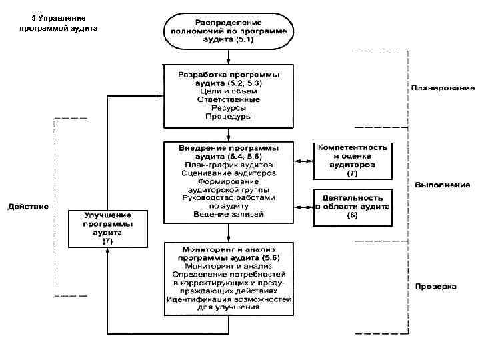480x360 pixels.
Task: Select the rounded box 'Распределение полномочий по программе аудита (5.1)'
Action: (x=229, y=30)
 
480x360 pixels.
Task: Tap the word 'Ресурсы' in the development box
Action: (x=229, y=107)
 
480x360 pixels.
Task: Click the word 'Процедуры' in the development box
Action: (x=229, y=116)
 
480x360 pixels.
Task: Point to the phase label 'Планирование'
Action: (x=442, y=87)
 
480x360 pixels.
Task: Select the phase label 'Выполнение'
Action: (x=442, y=184)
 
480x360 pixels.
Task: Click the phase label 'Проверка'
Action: (x=435, y=287)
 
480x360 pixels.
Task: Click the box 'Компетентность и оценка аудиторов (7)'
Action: (x=353, y=159)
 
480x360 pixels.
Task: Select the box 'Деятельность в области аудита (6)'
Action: (x=353, y=207)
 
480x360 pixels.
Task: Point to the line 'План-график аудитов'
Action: (x=229, y=164)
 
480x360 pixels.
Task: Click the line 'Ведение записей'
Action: (x=229, y=215)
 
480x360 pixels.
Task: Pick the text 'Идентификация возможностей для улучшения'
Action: (x=229, y=304)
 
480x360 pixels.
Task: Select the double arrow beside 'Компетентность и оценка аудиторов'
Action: (x=304, y=161)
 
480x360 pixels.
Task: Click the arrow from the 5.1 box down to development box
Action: (x=229, y=55)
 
